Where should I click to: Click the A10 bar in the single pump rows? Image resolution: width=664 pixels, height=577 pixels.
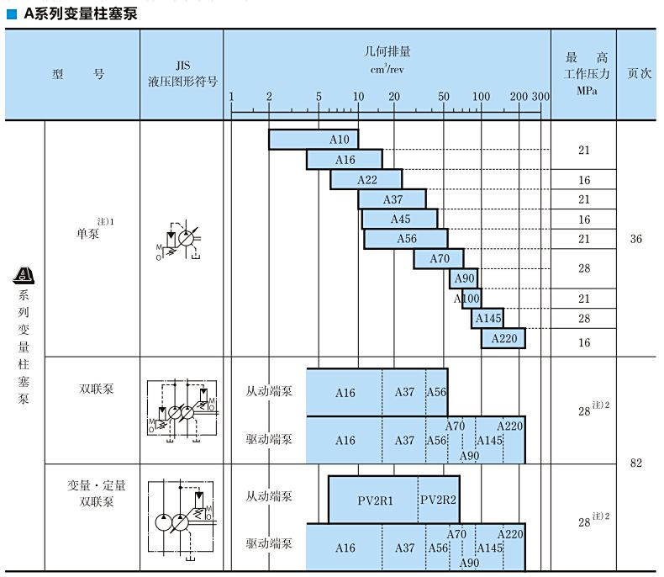click(x=314, y=140)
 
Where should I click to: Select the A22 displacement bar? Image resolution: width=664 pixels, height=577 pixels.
click(x=366, y=180)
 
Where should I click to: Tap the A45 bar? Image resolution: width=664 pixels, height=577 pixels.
click(x=400, y=219)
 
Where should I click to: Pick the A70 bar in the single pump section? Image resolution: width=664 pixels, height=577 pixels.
click(x=439, y=258)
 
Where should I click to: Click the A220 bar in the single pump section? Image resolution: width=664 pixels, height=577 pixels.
click(x=503, y=338)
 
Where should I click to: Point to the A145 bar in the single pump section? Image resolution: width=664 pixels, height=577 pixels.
click(x=487, y=318)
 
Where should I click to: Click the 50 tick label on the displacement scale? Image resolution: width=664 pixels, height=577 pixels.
click(x=444, y=97)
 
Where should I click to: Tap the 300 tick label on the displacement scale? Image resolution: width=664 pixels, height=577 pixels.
click(x=540, y=97)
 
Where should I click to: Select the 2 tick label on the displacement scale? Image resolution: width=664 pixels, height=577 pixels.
click(x=269, y=97)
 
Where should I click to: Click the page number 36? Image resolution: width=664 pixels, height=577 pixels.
click(x=635, y=239)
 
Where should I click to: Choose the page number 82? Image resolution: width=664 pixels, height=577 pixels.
click(x=635, y=463)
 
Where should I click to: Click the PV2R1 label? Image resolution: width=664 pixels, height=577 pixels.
click(x=375, y=500)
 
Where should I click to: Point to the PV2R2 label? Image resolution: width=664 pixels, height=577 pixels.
click(x=438, y=500)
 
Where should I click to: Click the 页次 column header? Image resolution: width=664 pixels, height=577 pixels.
click(x=639, y=73)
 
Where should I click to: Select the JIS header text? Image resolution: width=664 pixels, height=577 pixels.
click(x=183, y=66)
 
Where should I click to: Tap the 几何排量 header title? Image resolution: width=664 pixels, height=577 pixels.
click(x=387, y=51)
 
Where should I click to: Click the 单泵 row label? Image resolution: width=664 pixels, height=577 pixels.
click(x=87, y=234)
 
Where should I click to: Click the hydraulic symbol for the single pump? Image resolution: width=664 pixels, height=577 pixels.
click(x=178, y=241)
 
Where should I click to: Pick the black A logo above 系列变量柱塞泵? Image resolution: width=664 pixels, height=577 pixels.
click(x=24, y=275)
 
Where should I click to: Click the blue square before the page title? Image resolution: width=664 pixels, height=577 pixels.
click(x=12, y=14)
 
